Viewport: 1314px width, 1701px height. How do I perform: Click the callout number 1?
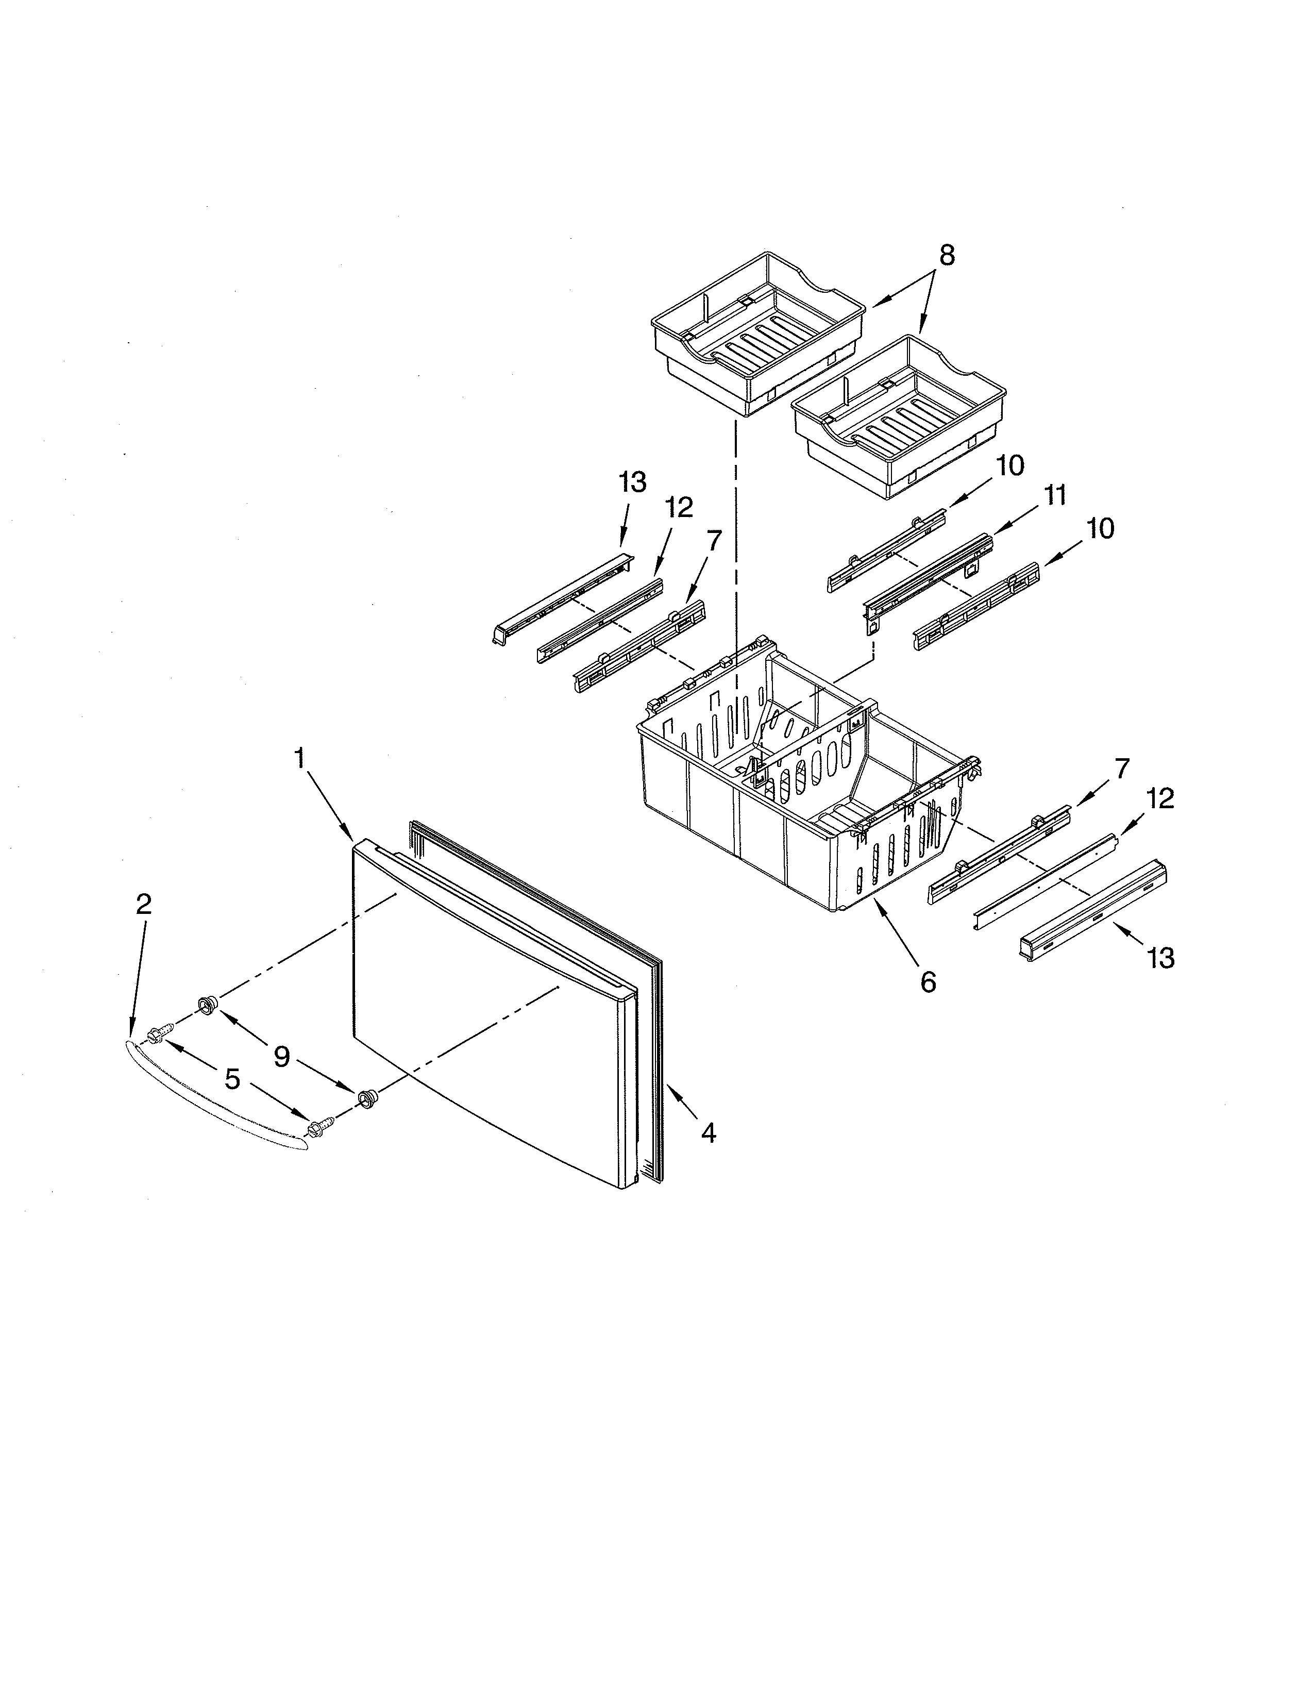click(x=300, y=758)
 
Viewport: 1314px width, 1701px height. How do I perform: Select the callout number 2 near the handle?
click(x=143, y=904)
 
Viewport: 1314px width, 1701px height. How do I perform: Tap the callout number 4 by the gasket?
click(x=707, y=1132)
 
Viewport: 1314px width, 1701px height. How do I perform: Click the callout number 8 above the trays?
click(x=946, y=256)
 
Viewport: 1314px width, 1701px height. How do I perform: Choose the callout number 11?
click(x=1055, y=495)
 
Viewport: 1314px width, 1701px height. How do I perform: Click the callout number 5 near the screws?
click(x=232, y=1079)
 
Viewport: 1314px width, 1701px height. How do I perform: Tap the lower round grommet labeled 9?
click(x=365, y=1098)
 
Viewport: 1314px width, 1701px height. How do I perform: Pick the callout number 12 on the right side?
click(x=1160, y=798)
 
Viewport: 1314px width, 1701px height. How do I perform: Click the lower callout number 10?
click(x=1100, y=529)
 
